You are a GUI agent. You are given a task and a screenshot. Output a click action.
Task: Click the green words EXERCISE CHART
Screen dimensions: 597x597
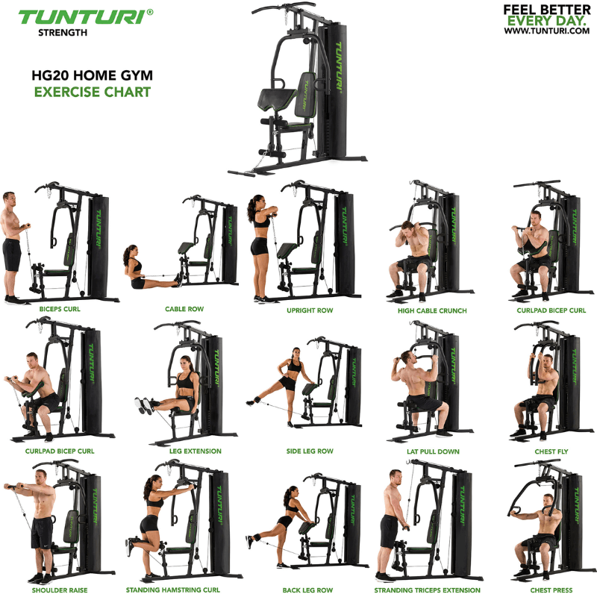(92, 93)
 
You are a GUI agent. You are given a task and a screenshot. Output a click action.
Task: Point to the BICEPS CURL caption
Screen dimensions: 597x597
(60, 308)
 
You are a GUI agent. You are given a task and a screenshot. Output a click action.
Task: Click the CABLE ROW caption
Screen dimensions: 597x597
(184, 309)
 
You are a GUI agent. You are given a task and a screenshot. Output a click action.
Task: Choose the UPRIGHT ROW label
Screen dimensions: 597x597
(309, 310)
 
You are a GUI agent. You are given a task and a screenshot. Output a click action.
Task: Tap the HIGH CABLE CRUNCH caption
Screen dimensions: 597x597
(432, 310)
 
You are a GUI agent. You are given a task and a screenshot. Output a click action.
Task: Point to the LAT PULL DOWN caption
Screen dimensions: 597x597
(433, 451)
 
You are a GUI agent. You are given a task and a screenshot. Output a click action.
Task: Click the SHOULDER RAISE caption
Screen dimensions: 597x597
(60, 590)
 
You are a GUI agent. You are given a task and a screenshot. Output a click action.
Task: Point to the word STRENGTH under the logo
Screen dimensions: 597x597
(63, 32)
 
